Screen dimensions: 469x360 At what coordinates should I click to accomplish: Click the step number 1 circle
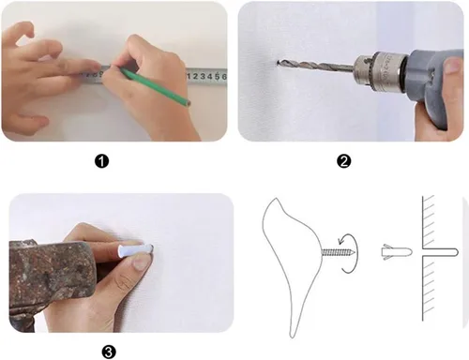101,161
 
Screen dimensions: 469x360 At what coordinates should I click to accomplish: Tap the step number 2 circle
344,161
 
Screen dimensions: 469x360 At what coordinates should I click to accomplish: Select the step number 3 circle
109,352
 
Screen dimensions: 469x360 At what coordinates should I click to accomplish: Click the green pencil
154,85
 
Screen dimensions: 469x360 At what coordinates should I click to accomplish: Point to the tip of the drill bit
278,64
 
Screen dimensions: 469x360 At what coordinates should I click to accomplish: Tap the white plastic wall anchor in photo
135,250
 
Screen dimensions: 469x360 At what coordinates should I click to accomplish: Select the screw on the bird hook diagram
339,252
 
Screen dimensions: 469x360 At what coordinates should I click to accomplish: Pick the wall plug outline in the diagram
397,252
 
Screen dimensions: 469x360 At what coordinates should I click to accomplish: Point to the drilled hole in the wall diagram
441,252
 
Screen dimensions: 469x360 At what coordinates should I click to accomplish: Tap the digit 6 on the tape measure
224,76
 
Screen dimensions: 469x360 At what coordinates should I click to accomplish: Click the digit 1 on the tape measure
188,76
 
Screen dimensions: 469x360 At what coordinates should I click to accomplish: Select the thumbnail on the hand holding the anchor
141,262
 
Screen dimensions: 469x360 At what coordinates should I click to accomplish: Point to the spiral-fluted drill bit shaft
316,66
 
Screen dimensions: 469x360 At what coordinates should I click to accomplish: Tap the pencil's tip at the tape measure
119,67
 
